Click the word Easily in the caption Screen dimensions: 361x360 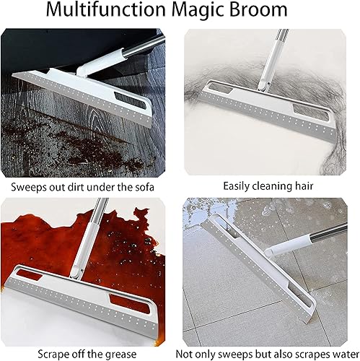237,186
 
